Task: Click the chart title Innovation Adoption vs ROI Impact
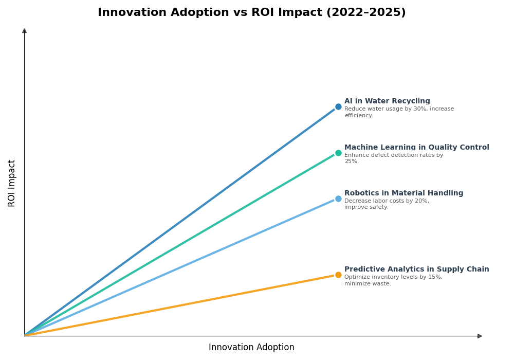[x=251, y=13]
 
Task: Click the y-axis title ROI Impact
[x=12, y=183]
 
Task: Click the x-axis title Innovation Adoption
[x=251, y=348]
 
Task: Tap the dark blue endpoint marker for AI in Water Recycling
[x=338, y=107]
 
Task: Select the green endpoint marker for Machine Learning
[x=338, y=153]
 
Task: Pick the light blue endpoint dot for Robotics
[x=338, y=199]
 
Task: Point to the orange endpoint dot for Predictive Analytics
[x=338, y=275]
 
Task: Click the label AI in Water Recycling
[x=387, y=101]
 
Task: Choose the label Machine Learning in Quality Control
[x=416, y=148]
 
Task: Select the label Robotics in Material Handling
[x=403, y=193]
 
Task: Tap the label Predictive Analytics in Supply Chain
[x=416, y=269]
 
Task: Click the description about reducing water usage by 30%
[x=399, y=112]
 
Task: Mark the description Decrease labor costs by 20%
[x=387, y=204]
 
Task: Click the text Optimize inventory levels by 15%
[x=393, y=280]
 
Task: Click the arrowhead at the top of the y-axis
[x=24, y=31]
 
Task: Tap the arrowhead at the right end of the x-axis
[x=480, y=336]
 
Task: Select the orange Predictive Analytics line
[x=180, y=305]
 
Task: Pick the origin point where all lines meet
[x=25, y=336]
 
